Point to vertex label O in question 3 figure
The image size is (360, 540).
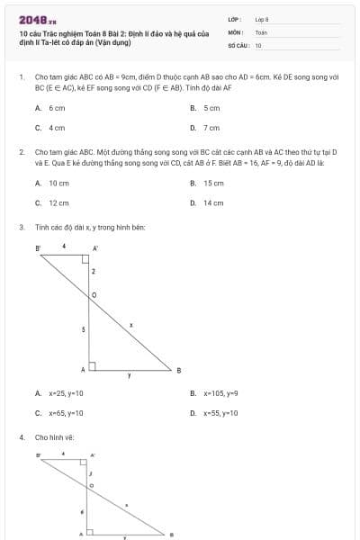pos(94,294)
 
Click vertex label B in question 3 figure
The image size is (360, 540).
pos(178,370)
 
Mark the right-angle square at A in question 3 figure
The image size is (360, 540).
pos(91,366)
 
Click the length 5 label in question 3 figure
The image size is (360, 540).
pos(84,330)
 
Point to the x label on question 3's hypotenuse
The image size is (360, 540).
pos(131,324)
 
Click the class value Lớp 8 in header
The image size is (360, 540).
pos(262,19)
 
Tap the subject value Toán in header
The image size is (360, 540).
pos(261,31)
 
